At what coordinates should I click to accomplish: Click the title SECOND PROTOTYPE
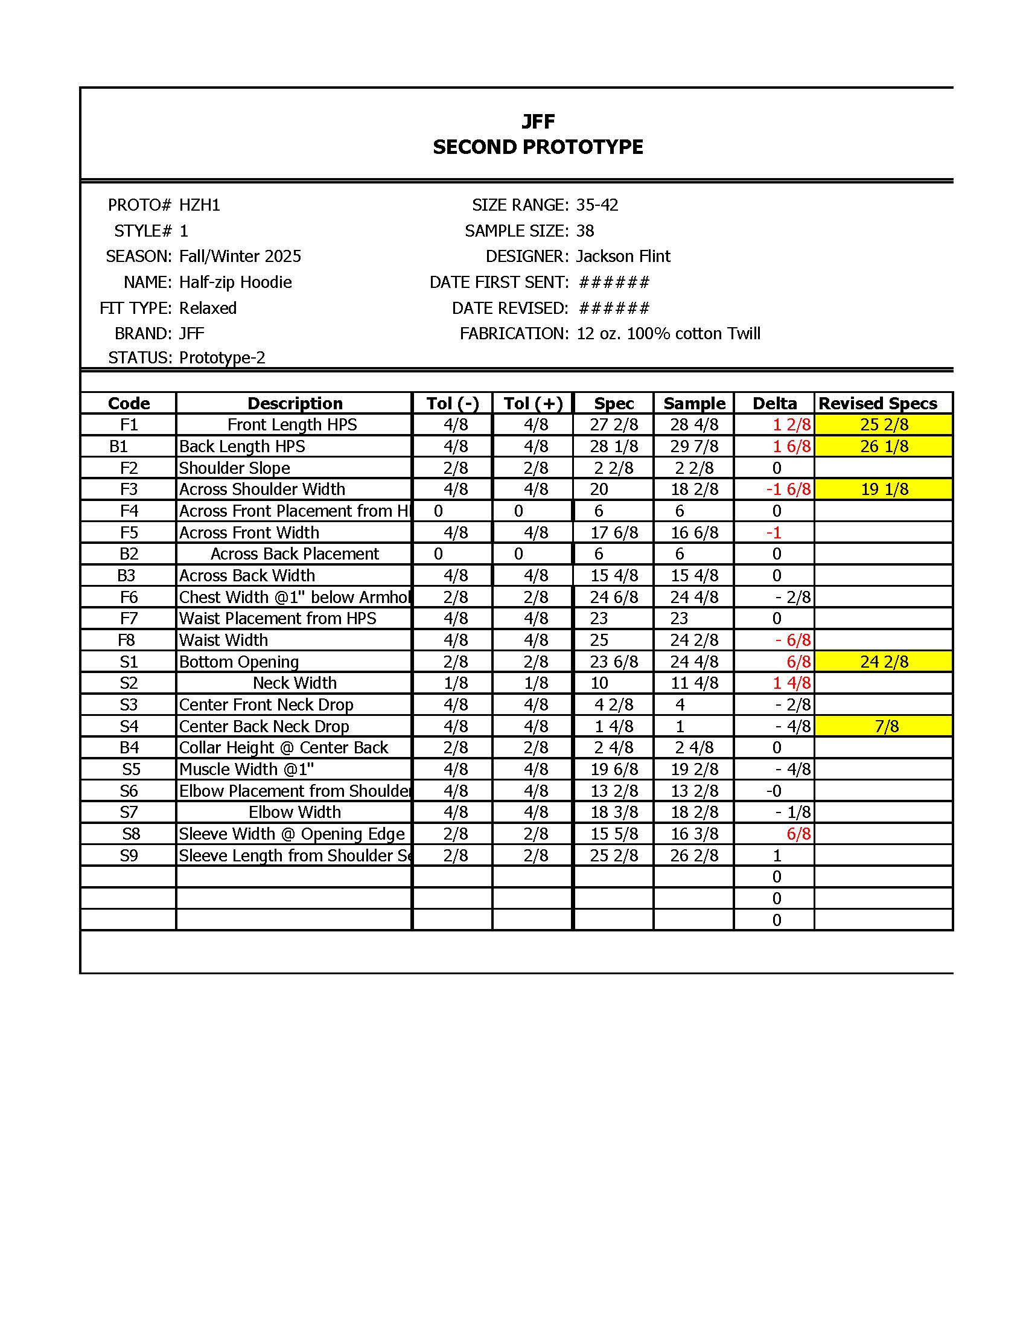537,147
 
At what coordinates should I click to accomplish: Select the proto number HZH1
199,205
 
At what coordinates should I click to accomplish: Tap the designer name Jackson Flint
622,256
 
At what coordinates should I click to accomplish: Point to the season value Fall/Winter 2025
240,256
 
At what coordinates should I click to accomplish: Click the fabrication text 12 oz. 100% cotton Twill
668,333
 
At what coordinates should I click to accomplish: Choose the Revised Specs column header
877,403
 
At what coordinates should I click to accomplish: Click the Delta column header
774,403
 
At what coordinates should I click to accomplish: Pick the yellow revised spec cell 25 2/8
884,424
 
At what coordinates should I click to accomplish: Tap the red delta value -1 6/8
788,489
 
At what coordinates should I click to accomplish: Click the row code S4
129,726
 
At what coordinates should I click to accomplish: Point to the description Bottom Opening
239,662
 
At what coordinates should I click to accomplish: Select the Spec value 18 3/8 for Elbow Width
614,812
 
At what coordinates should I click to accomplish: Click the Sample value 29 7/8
694,446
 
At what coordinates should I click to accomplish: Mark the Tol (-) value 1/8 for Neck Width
455,683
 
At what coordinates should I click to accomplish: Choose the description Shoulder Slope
235,468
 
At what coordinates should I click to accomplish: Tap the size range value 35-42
597,205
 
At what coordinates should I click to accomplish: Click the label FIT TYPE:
136,308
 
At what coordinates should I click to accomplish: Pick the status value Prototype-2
222,357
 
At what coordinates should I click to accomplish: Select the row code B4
129,747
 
